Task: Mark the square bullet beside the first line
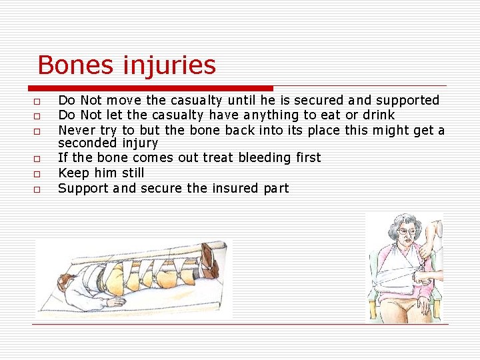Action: click(x=37, y=102)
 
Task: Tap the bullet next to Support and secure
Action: click(x=37, y=190)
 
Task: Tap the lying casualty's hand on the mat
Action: click(x=114, y=302)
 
